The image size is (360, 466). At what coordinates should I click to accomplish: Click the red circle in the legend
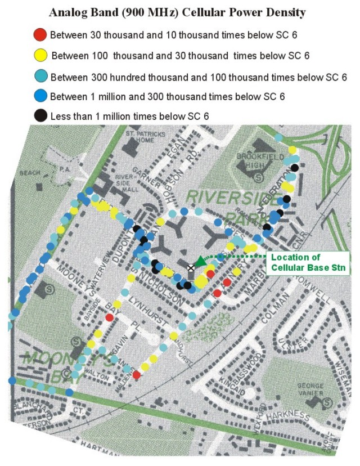coord(40,35)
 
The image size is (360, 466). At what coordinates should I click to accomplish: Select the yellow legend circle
coord(40,55)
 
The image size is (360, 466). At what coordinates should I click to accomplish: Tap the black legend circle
coord(40,116)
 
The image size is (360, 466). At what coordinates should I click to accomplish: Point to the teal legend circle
coord(40,76)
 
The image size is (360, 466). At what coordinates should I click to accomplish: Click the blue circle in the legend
coord(40,96)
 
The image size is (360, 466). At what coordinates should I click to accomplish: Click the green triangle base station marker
coord(201,259)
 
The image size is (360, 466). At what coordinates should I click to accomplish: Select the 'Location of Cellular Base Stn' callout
coord(308,262)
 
